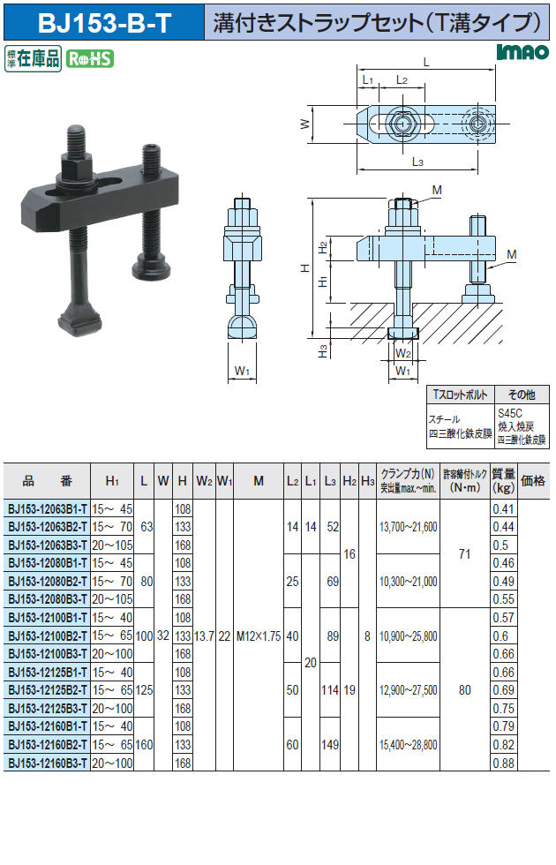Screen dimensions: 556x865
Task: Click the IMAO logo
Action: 522,52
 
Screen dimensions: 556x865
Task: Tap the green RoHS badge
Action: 90,58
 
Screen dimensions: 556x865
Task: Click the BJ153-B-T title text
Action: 105,23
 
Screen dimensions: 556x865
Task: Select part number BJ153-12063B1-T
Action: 48,508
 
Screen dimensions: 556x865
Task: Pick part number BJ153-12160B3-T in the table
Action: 48,763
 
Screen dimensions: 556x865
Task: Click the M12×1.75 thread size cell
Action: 258,636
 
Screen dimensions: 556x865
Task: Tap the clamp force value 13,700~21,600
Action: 408,527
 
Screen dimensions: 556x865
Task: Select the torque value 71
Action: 464,554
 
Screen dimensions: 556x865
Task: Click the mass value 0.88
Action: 503,763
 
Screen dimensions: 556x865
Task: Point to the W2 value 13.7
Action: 204,636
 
